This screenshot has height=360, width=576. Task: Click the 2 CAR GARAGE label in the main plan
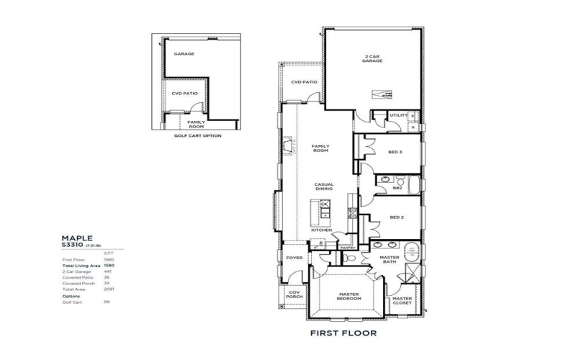tap(372, 58)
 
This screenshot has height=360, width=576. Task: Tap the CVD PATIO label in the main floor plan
tap(304, 82)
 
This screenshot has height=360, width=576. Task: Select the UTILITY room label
tap(397, 115)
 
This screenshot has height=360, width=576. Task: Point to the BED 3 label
tap(395, 152)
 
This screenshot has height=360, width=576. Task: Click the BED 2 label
tap(395, 217)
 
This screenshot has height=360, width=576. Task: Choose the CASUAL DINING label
tap(323, 186)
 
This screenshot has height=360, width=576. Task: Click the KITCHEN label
tap(321, 230)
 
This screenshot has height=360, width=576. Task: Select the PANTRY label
tap(348, 248)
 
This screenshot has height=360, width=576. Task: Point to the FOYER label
tap(294, 257)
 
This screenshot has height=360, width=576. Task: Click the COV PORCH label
tap(294, 295)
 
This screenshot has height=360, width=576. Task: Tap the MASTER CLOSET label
tap(402, 301)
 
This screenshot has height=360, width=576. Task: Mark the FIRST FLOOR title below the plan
tap(343, 333)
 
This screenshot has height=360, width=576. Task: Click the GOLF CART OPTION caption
tap(197, 135)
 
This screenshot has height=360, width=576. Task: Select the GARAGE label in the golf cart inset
tap(184, 53)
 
